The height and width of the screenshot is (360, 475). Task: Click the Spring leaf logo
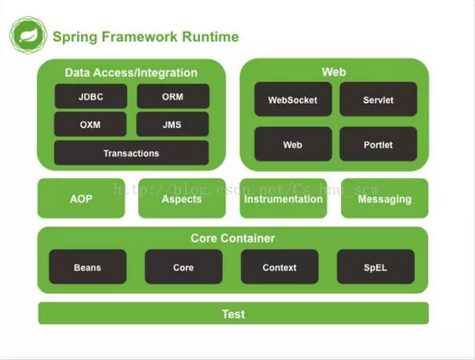28,35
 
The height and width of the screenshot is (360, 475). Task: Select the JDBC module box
91,96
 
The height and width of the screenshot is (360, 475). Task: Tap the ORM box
173,96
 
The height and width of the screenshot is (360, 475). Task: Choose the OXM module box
90,124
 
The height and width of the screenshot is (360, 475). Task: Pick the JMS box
172,124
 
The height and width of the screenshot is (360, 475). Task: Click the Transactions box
131,153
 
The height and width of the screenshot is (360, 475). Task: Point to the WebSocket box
293,99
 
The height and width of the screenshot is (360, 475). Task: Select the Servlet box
378,99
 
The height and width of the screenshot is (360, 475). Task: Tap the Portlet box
378,144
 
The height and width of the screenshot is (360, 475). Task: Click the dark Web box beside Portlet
293,144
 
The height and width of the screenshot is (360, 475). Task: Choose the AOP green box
81,198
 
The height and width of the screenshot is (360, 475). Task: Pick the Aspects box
182,198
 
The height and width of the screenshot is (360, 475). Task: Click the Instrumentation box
284,198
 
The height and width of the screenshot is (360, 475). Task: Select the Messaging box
385,198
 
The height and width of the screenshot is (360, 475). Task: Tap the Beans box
87,267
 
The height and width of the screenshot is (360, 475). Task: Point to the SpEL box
376,267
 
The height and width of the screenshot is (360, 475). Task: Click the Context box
280,267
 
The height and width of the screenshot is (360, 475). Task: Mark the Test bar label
233,314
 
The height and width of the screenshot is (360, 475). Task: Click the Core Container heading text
233,238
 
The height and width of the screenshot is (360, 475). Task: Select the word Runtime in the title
210,37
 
